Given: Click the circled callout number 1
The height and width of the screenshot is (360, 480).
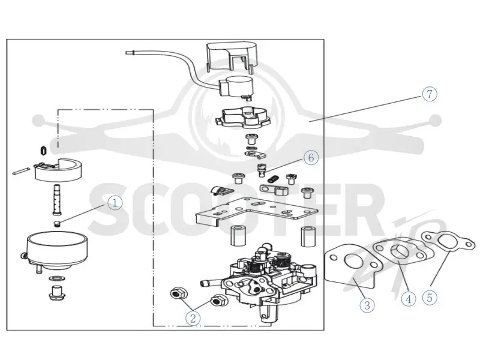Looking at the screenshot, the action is [x=115, y=203].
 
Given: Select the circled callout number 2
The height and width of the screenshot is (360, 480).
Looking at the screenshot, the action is [x=193, y=319].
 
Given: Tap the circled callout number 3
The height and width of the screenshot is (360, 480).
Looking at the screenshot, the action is [x=367, y=305].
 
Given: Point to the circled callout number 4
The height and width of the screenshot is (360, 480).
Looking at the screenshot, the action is [x=409, y=299].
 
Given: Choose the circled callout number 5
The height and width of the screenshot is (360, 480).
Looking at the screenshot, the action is [x=430, y=298].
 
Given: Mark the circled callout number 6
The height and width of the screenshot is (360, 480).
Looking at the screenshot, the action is [x=311, y=158].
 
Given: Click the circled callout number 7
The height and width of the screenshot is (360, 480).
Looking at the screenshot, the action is [x=430, y=94].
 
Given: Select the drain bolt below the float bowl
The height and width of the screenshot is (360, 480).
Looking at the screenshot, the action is [x=56, y=293].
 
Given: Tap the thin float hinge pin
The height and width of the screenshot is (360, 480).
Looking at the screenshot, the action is [x=22, y=170].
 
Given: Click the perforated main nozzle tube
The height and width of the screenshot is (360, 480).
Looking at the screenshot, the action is [x=56, y=200].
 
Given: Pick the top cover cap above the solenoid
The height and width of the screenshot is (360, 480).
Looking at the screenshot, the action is [x=232, y=56].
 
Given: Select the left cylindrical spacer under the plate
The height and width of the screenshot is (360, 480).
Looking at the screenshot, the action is [x=238, y=236].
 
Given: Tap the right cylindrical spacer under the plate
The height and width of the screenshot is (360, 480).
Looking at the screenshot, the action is [x=308, y=236].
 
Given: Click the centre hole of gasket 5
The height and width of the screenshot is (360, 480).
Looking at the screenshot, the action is [x=448, y=242].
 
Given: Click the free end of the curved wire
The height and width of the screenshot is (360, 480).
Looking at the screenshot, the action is [x=127, y=53].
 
